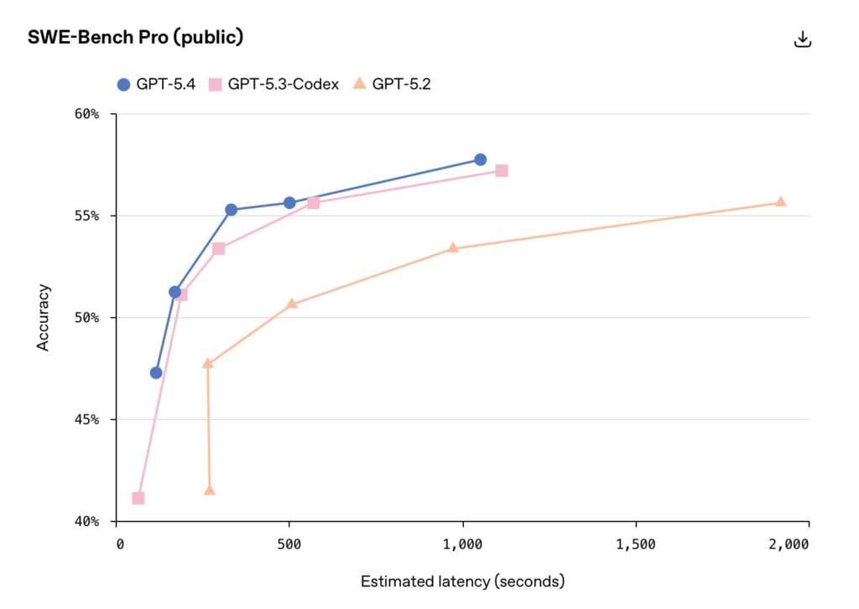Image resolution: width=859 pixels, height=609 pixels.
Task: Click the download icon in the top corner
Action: click(x=803, y=39)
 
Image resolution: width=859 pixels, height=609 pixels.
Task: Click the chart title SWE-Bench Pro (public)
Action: click(x=135, y=38)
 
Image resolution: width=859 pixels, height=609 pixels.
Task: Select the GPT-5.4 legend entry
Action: click(x=156, y=84)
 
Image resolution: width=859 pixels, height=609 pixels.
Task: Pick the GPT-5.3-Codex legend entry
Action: click(x=273, y=84)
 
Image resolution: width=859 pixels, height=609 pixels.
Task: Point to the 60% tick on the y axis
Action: click(x=89, y=114)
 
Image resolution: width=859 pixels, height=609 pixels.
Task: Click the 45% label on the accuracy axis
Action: click(x=89, y=419)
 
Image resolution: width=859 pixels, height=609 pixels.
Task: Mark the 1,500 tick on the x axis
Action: click(x=636, y=544)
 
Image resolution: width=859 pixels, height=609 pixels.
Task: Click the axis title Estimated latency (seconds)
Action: click(x=462, y=581)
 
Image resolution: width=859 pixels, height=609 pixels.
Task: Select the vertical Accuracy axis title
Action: click(x=44, y=317)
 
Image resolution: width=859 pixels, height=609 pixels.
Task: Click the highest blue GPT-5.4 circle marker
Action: click(x=480, y=159)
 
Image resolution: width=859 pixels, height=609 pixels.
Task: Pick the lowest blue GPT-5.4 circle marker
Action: click(x=156, y=372)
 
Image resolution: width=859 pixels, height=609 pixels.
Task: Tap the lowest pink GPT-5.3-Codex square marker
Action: click(x=138, y=498)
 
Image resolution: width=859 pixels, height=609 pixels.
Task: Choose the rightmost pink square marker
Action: click(x=502, y=170)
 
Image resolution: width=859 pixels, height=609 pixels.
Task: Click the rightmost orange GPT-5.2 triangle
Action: click(x=780, y=201)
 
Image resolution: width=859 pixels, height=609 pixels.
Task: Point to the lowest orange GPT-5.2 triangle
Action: click(x=210, y=490)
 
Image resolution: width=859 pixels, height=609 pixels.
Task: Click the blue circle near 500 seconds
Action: click(x=289, y=203)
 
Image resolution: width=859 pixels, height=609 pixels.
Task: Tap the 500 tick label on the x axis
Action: click(x=289, y=544)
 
